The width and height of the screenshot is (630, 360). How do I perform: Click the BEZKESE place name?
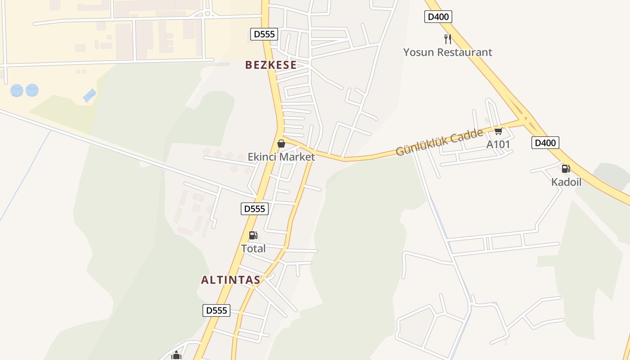(x=271, y=65)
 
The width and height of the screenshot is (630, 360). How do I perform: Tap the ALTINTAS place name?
(x=230, y=280)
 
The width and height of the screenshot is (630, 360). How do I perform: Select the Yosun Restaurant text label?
(x=447, y=52)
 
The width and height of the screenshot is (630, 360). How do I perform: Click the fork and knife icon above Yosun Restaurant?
(x=447, y=39)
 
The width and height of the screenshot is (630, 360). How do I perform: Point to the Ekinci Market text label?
(x=281, y=157)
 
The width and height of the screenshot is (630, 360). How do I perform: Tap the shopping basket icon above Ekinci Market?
(x=281, y=144)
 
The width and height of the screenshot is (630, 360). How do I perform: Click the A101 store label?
(x=498, y=144)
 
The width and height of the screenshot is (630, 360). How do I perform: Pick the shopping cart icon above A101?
(x=498, y=131)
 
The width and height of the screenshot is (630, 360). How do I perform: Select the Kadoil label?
(x=566, y=182)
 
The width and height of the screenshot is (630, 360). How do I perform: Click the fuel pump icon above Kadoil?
(x=566, y=169)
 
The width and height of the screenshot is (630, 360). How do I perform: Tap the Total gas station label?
(x=253, y=248)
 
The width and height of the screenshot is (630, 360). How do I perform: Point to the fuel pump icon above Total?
(x=253, y=235)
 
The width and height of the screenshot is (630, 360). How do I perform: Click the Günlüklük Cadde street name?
(x=439, y=142)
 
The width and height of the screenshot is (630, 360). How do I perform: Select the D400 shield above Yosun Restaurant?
(x=438, y=17)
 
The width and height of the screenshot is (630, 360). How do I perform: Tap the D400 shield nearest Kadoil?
(x=545, y=143)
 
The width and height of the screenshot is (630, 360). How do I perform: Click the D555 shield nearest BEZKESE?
(x=264, y=34)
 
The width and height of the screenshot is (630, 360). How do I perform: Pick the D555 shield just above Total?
(x=255, y=209)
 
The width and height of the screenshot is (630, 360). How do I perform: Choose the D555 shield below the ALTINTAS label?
(x=216, y=310)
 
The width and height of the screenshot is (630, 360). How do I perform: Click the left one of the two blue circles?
(x=17, y=90)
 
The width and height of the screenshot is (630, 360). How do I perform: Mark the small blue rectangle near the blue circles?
(x=90, y=95)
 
